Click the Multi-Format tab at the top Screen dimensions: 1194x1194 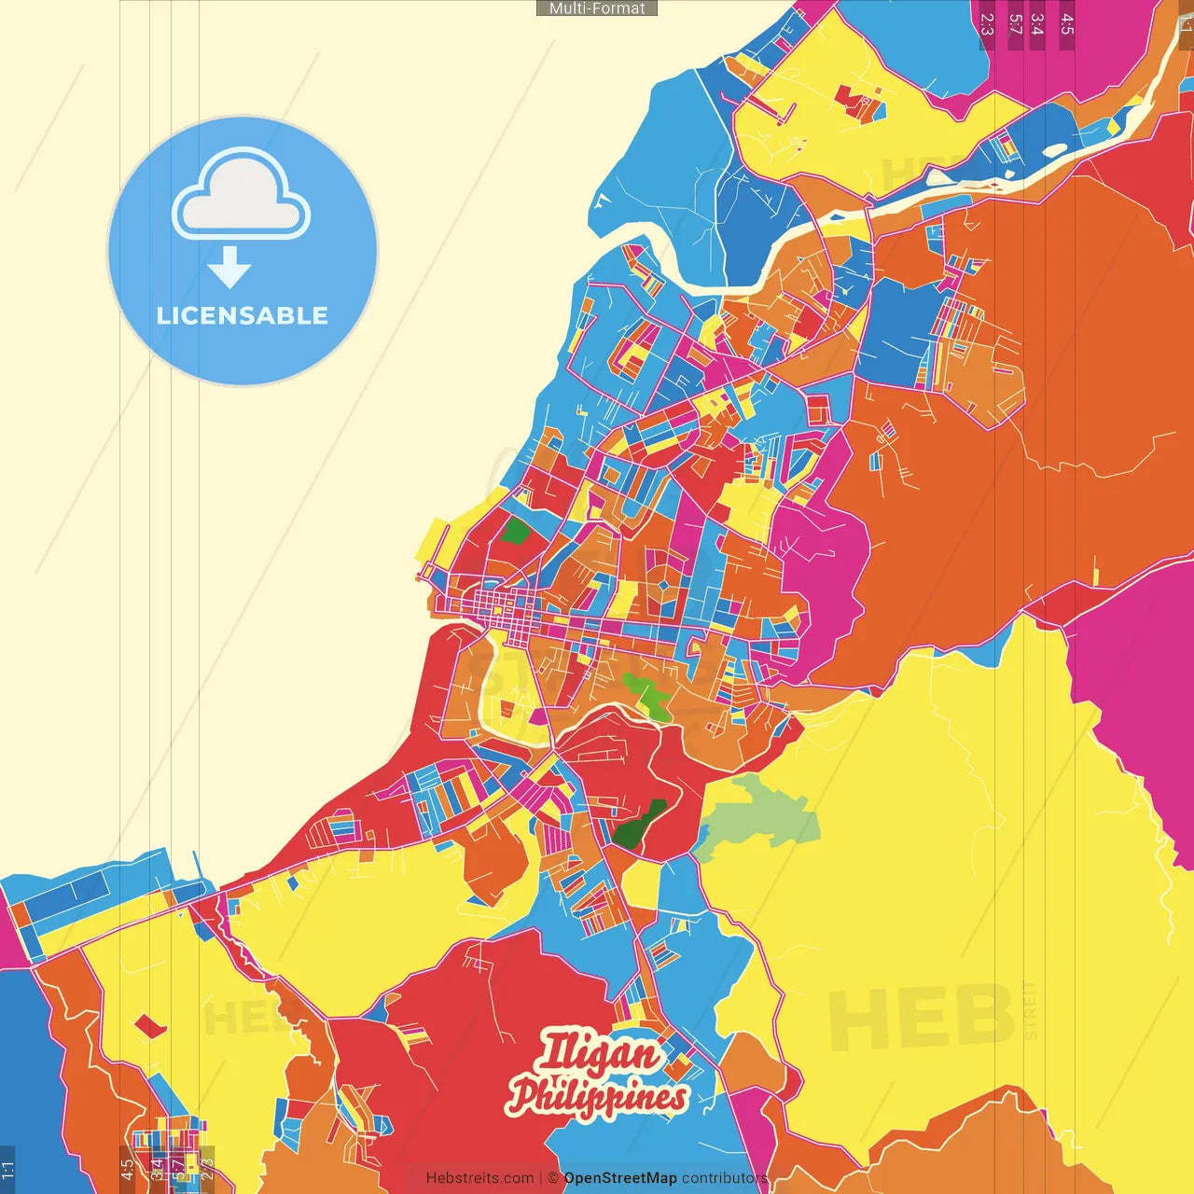[x=597, y=8]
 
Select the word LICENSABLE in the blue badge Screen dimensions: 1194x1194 [x=243, y=315]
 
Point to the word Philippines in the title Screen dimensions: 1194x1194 [x=597, y=1097]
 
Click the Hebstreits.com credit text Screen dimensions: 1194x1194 [x=479, y=1178]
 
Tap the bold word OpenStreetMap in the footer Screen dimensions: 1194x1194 [x=620, y=1178]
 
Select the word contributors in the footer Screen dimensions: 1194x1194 [x=725, y=1178]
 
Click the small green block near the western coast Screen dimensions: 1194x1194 [x=515, y=533]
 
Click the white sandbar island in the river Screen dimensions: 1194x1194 [x=1054, y=149]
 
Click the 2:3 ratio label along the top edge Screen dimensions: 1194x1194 [x=987, y=23]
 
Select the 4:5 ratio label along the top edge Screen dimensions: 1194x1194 [x=1067, y=23]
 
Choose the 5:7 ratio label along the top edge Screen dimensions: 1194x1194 [x=1015, y=23]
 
